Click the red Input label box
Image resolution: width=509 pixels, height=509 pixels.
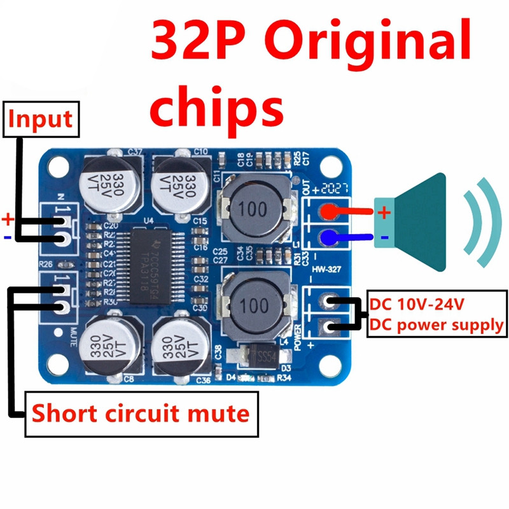pyautogui.click(x=41, y=120)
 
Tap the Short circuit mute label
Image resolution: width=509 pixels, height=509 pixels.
pyautogui.click(x=141, y=414)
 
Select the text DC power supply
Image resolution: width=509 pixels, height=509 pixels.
pyautogui.click(x=437, y=326)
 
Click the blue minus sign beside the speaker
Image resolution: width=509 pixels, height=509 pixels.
pyautogui.click(x=384, y=238)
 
